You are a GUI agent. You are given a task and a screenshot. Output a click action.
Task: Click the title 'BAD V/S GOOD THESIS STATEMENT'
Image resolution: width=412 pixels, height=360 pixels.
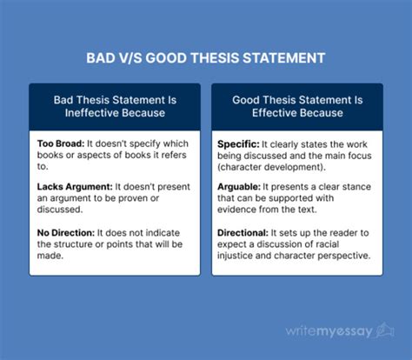click(x=205, y=58)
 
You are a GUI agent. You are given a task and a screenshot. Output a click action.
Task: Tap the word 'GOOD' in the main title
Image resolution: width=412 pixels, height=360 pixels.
click(x=178, y=58)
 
